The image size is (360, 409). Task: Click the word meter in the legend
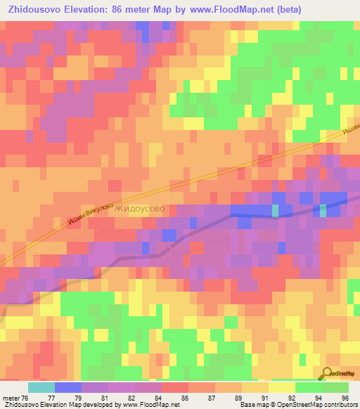click(x=11, y=397)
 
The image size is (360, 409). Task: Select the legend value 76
click(x=26, y=397)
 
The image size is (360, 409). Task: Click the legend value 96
click(x=345, y=397)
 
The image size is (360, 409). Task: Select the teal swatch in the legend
click(x=41, y=387)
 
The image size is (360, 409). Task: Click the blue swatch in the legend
click(x=67, y=387)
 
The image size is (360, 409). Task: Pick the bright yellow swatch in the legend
click(x=281, y=387)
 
